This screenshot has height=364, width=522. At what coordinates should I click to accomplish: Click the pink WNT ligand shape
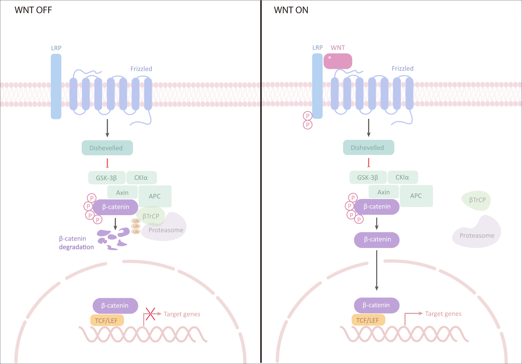pos(338,61)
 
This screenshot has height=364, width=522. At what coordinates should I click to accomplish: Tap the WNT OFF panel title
pos(33,10)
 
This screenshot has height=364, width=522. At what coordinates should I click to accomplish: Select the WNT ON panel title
pos(291,10)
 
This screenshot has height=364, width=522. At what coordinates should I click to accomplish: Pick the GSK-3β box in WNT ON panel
pos(368,177)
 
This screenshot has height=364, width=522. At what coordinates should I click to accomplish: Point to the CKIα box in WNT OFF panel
pos(141,178)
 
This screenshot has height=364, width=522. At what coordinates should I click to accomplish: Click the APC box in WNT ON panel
pos(416,196)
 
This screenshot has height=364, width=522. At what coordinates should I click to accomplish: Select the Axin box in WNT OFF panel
pos(122,192)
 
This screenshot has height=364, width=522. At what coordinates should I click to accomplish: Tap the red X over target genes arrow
pos(150,314)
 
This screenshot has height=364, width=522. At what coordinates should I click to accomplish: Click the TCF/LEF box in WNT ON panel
pos(368,320)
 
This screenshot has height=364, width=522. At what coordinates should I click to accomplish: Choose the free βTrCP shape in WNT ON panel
pos(476,200)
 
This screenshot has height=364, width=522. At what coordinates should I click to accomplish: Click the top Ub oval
pos(136,221)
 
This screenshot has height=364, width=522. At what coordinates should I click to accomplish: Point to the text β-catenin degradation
pos(76,243)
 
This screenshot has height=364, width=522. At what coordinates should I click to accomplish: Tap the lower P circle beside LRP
pos(308,125)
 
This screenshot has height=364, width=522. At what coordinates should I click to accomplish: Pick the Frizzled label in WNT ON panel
pos(402,69)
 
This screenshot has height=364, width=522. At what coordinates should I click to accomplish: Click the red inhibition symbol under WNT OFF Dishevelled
pos(107,163)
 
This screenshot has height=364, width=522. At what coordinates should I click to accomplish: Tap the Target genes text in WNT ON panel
pos(443,314)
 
